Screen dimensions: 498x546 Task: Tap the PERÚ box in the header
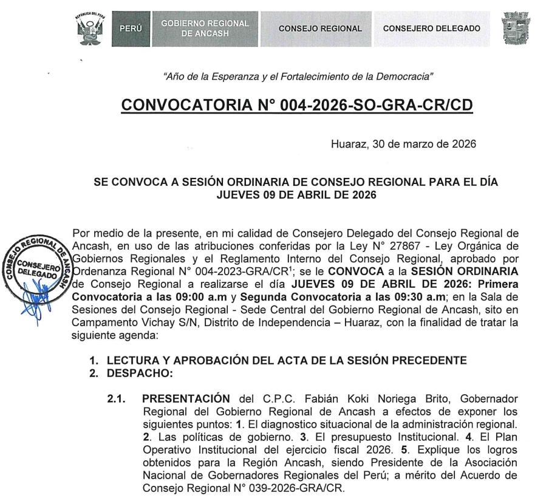(x=129, y=29)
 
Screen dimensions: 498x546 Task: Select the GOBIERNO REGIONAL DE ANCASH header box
(x=205, y=29)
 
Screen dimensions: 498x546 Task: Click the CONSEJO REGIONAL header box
(x=320, y=29)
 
